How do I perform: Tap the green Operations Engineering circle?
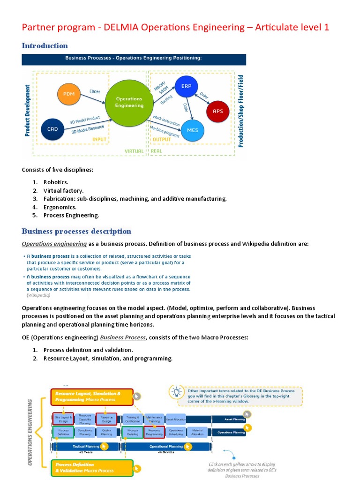(129, 102)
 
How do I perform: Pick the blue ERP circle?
(187, 86)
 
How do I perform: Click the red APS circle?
(218, 111)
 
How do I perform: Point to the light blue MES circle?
(192, 130)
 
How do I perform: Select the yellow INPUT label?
(99, 139)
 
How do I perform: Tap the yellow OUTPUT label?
(162, 139)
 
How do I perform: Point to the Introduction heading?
(45, 45)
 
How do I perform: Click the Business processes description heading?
(76, 231)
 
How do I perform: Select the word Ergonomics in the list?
(60, 207)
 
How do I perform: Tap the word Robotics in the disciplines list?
(56, 181)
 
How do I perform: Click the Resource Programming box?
(154, 432)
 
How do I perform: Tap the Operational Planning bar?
(166, 447)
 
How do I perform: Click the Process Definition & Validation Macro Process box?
(91, 467)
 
